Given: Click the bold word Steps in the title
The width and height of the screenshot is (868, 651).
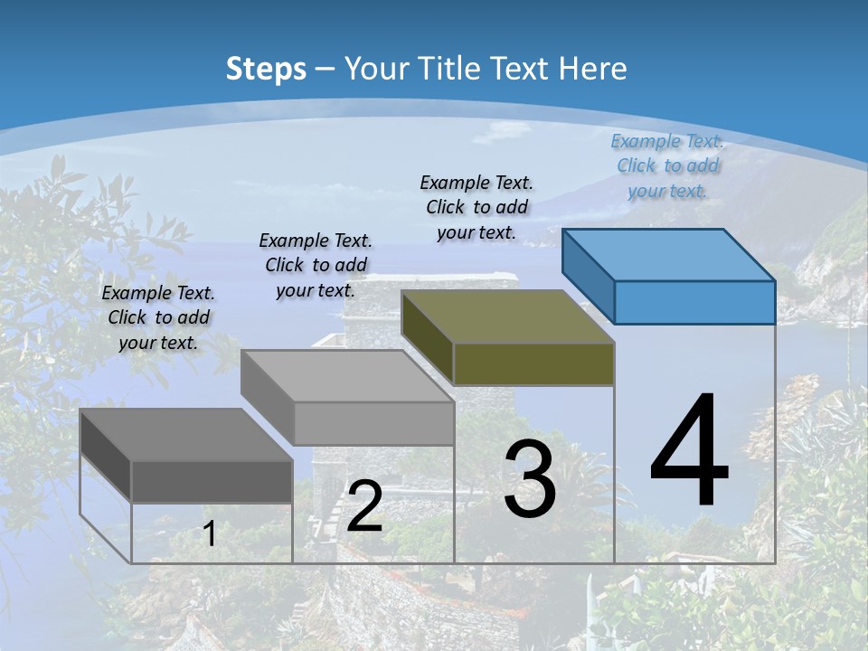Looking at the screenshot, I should point(265,69).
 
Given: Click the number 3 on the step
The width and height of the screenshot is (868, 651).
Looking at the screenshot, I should point(530,479).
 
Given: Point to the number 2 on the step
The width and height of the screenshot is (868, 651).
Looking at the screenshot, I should point(364,506).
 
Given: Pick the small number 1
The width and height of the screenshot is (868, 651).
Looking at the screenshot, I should point(210,533).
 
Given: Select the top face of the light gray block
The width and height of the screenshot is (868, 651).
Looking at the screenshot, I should point(347,376).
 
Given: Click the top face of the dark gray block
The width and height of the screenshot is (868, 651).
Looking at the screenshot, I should point(186,435).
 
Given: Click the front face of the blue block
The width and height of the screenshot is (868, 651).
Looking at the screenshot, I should point(694,302).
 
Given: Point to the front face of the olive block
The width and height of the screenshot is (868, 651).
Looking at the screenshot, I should point(533,363).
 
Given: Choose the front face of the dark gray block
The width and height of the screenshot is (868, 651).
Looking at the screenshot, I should point(212,481).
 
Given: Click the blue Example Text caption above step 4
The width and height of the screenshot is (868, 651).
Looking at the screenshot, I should point(667,165).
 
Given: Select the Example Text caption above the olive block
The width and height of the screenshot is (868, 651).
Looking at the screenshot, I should point(476,207).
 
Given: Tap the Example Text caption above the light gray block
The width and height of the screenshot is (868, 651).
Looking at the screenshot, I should point(316,265).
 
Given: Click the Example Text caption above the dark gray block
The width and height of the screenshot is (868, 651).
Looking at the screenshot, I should point(158,317).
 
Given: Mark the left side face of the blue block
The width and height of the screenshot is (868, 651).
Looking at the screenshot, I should point(588,277).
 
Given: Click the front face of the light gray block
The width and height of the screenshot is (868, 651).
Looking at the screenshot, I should point(373,423).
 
